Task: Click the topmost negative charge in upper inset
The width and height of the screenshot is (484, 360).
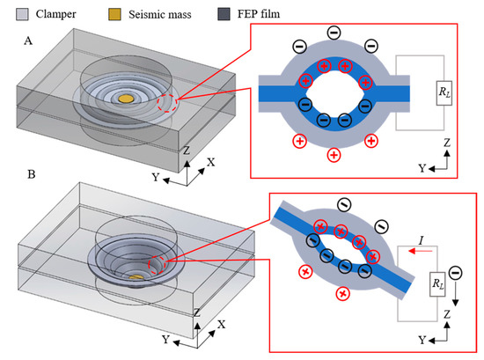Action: click(333, 33)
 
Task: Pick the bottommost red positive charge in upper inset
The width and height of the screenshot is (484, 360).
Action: click(333, 155)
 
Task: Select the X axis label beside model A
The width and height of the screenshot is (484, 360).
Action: click(210, 162)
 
